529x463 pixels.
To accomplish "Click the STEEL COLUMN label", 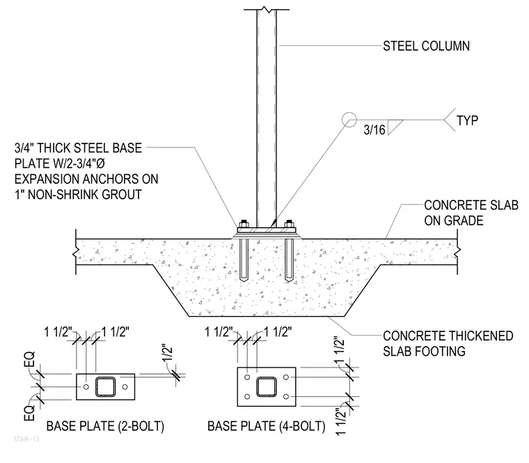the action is tap(426, 46).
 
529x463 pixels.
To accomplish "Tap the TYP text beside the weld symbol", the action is tap(467, 120).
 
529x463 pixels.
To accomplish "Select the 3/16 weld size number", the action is tap(374, 130).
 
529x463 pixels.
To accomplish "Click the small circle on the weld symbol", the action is tap(349, 120).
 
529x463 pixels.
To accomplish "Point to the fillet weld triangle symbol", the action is tap(393, 126).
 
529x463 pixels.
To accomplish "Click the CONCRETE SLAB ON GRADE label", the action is tap(471, 212).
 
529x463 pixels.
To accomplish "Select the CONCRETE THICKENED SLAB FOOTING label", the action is tap(448, 343).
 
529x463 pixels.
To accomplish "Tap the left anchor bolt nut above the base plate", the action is tap(244, 223).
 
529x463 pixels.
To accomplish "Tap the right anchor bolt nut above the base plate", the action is tap(289, 223).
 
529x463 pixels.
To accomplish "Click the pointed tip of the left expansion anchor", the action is tap(244, 282).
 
